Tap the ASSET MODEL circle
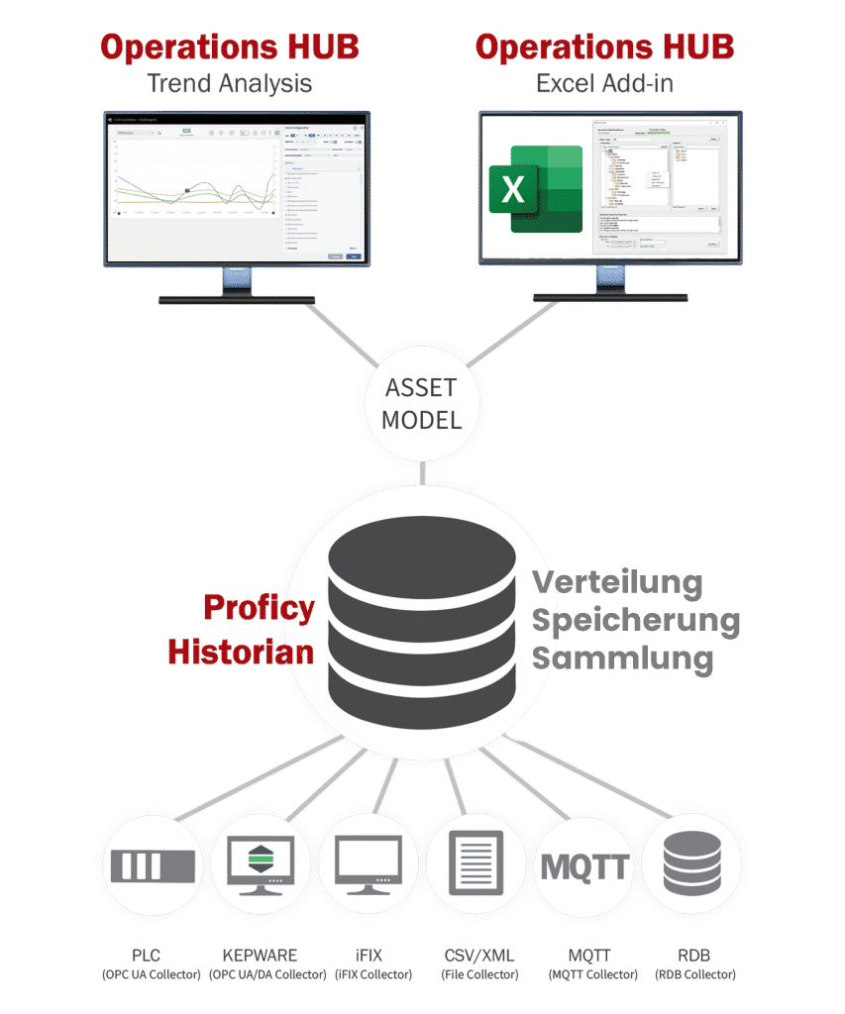point(423,404)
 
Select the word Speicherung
point(636,621)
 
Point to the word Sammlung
point(622,658)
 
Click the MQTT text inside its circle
point(584,866)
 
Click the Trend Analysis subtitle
point(229,83)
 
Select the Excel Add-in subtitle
point(604,83)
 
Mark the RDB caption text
point(693,956)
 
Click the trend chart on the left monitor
point(194,188)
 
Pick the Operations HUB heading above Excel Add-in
point(604,47)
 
